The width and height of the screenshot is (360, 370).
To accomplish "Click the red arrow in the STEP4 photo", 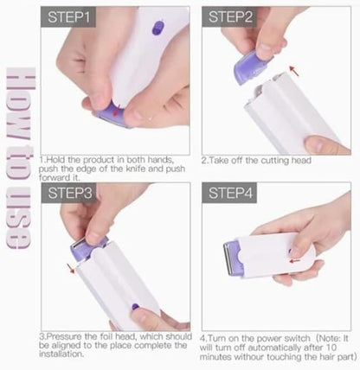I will coord(295,258).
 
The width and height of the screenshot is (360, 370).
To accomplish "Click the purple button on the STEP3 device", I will coord(133,305).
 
